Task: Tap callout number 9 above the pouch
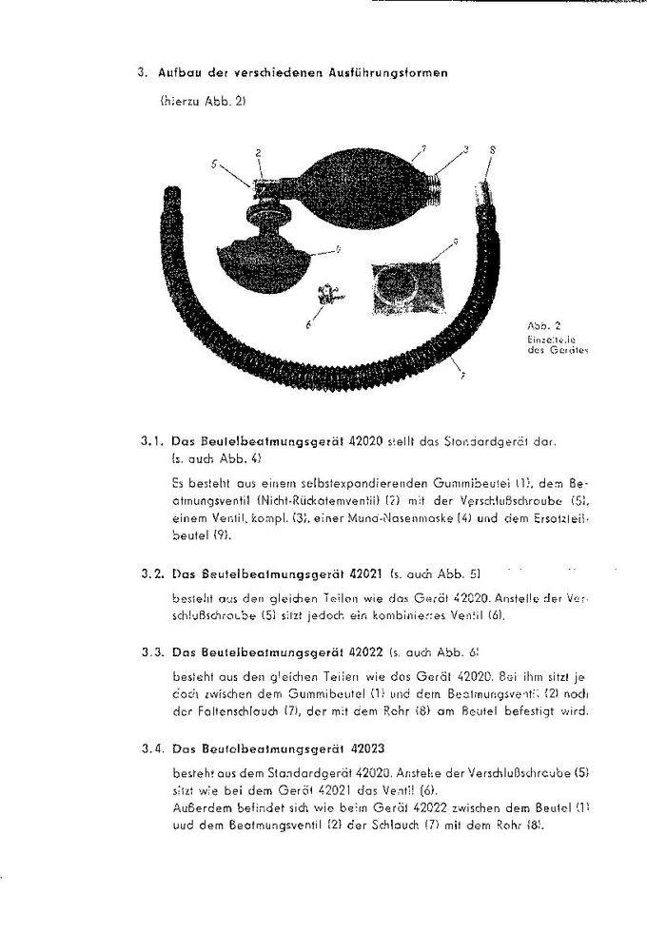click(x=458, y=242)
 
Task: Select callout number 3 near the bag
click(x=466, y=149)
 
